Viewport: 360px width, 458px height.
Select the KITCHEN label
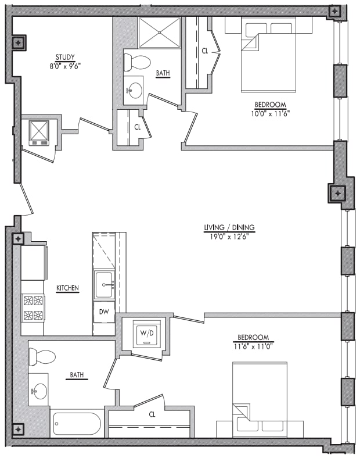pos(67,288)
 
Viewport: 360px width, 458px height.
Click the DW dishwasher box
pos(103,312)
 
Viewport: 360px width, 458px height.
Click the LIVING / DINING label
pos(229,227)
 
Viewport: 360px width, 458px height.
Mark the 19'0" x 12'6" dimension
pos(229,236)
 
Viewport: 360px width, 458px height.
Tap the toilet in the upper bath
pos(138,61)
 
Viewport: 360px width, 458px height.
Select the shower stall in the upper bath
pos(160,33)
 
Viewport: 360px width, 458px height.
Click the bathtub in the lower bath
pos(77,424)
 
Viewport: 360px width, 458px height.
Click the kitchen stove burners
pos(33,308)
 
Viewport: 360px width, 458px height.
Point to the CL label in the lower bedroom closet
pos(152,414)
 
